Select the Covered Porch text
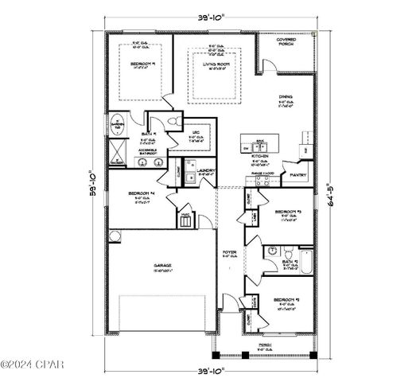pos(286,41)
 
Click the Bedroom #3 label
pos(286,212)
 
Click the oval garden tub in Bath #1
pos(118,125)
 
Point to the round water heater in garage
pos(115,234)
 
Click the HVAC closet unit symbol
pos(186,220)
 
